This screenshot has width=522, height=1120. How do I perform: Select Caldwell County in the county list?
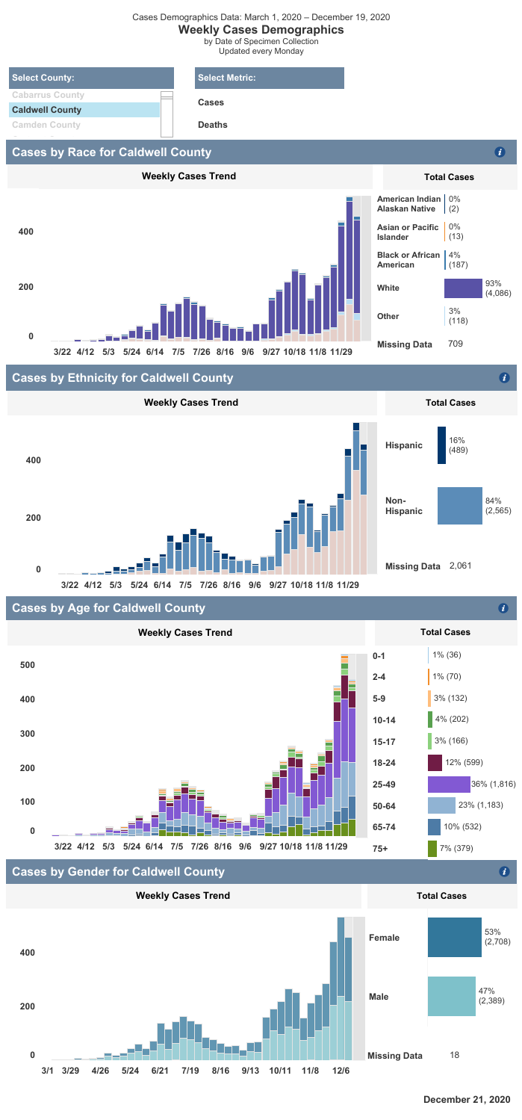click(46, 110)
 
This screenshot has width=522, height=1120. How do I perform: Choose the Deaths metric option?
click(213, 125)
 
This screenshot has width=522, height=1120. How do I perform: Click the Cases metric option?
click(211, 102)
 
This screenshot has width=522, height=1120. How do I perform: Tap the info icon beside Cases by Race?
click(500, 152)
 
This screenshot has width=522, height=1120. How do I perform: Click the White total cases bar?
click(463, 288)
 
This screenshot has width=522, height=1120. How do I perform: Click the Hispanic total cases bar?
click(441, 445)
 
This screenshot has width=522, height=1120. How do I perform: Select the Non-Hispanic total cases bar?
click(459, 505)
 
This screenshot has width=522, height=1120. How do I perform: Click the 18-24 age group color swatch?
click(435, 762)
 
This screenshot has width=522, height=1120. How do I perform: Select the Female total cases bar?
click(455, 916)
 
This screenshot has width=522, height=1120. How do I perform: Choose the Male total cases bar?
click(452, 997)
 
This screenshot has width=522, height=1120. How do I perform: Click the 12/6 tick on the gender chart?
click(341, 1071)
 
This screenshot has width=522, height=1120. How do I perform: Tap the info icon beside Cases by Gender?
click(505, 872)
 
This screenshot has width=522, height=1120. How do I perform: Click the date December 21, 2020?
click(467, 1099)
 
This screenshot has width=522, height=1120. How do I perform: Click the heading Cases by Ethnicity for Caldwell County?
click(122, 379)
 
